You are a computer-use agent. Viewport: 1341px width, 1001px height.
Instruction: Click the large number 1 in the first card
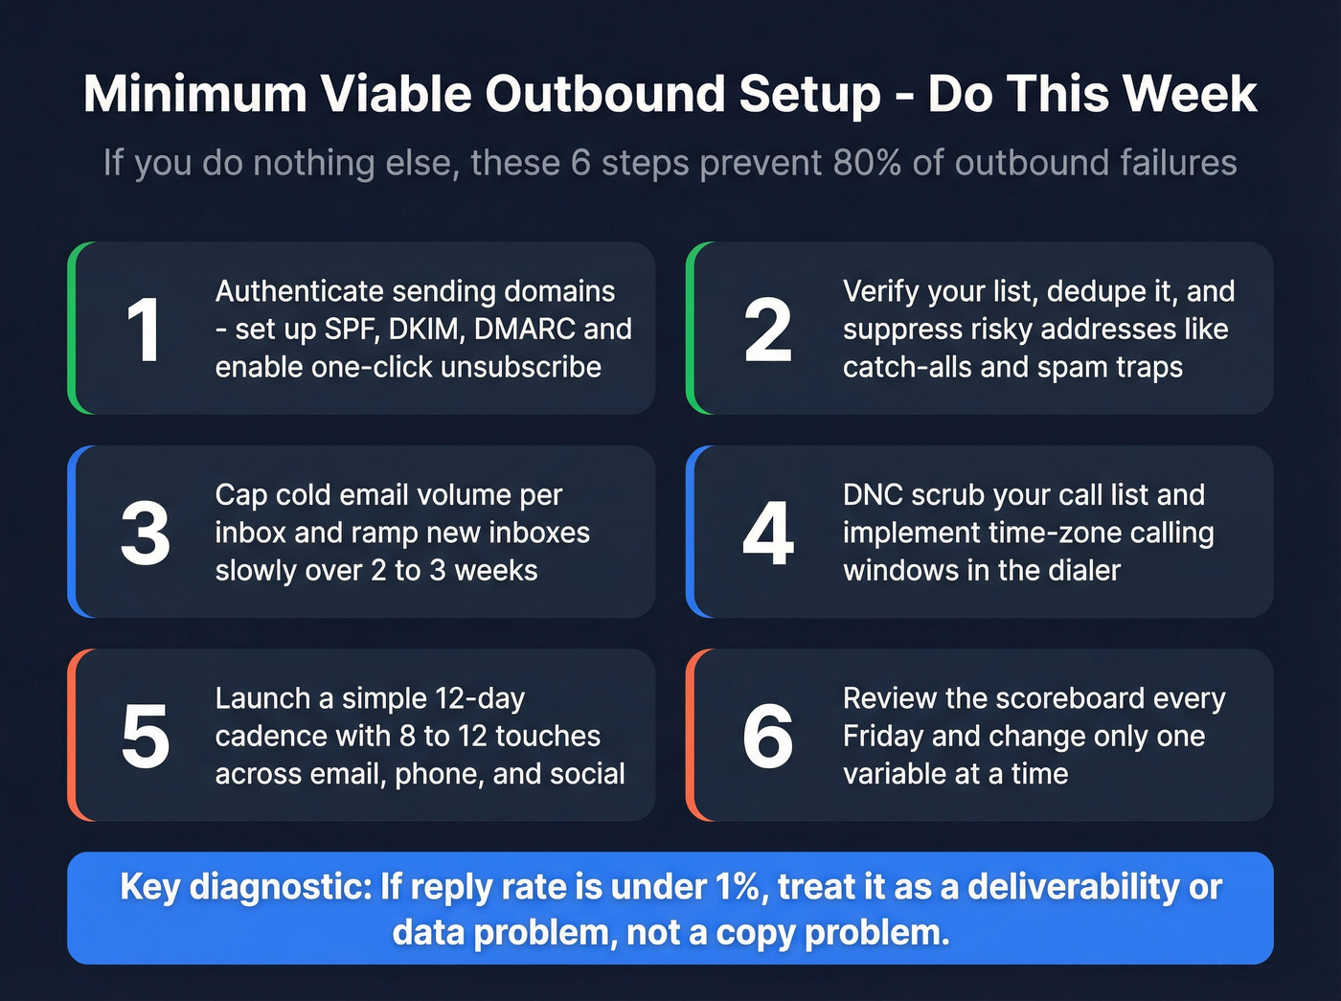coord(144,330)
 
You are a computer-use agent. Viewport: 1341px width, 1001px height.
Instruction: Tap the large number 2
coord(768,330)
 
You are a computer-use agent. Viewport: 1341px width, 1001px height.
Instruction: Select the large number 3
coord(146,534)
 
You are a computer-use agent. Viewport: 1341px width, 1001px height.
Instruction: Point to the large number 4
coord(768,534)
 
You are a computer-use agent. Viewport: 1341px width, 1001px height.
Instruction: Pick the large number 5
coord(146,737)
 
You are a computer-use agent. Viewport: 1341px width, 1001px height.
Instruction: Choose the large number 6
coord(768,737)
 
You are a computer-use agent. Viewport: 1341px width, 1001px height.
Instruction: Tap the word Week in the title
coord(1190,94)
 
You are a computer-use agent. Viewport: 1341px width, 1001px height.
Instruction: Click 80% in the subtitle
coord(867,163)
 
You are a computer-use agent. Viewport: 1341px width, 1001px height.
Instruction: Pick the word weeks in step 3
coord(495,570)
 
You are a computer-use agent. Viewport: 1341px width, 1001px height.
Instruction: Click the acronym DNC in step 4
coord(873,494)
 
